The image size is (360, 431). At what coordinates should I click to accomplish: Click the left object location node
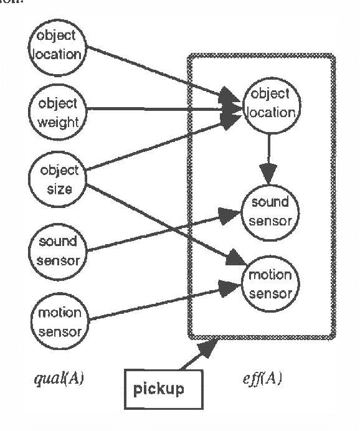[57, 47]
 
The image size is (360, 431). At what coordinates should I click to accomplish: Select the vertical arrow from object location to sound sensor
[268, 153]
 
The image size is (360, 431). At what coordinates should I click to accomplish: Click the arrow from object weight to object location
[162, 110]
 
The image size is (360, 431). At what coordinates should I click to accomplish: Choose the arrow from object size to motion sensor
[162, 220]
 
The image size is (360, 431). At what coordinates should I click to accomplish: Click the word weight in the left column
[57, 121]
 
